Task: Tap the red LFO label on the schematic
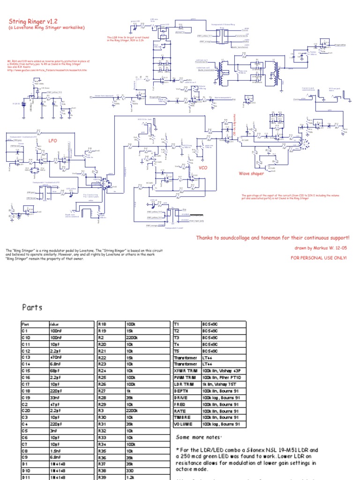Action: pyautogui.click(x=53, y=140)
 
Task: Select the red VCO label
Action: pyautogui.click(x=203, y=167)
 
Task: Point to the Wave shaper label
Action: pyautogui.click(x=251, y=173)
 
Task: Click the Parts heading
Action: pyautogui.click(x=32, y=307)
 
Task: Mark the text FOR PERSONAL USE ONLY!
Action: pyautogui.click(x=319, y=258)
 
